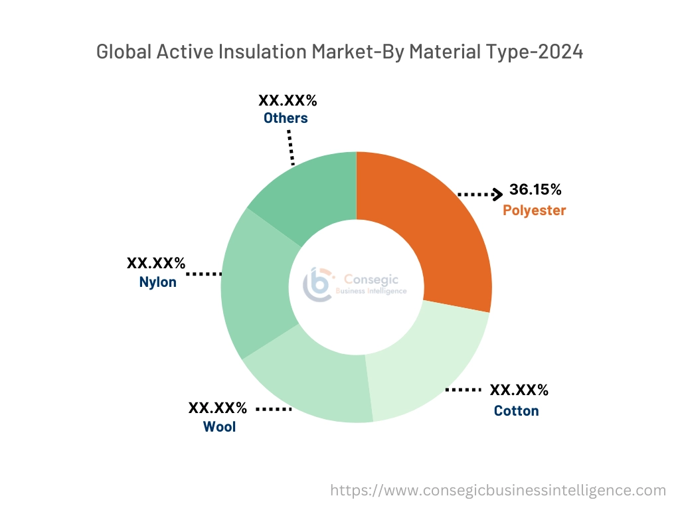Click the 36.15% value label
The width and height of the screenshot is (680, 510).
click(x=535, y=190)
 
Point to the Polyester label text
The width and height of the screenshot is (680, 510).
click(x=534, y=211)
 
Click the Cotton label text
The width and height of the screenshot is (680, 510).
click(x=516, y=411)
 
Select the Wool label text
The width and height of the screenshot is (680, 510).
click(x=219, y=426)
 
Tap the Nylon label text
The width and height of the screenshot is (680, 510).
click(x=158, y=282)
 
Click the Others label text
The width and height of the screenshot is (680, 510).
click(x=286, y=118)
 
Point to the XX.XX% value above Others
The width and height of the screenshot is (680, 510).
click(x=288, y=101)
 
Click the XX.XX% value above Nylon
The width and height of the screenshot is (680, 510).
click(x=156, y=263)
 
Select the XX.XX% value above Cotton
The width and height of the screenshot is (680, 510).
click(x=519, y=390)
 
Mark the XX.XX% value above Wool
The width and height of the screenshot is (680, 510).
click(x=218, y=408)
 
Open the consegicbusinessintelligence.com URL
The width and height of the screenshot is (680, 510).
click(x=498, y=490)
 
